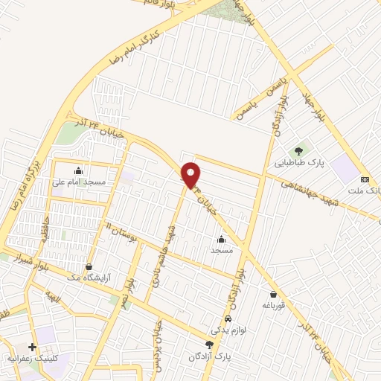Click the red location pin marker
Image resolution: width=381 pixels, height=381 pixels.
[191, 174]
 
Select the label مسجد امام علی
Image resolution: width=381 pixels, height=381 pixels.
[78, 182]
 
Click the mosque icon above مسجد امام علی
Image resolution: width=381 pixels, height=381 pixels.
[78, 171]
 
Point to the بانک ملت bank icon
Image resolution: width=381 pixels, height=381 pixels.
[365, 179]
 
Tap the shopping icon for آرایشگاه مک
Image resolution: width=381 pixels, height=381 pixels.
[89, 266]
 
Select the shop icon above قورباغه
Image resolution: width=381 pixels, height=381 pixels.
[274, 294]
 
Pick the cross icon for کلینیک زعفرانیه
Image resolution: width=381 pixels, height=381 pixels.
[32, 347]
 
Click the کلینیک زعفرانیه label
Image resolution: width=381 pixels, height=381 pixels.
[32, 358]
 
